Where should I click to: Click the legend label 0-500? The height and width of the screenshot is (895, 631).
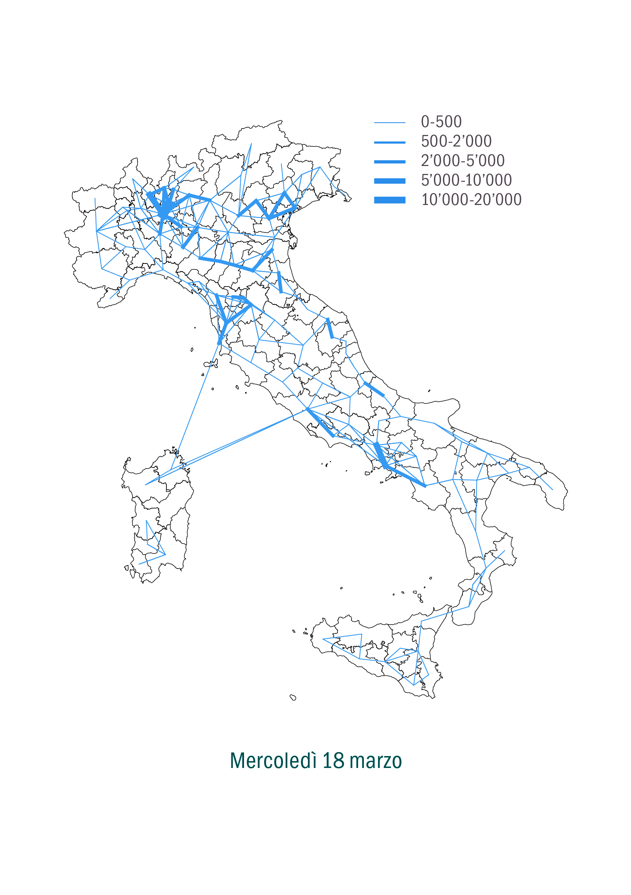click(441, 122)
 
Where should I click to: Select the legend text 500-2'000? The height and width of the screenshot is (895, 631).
click(456, 141)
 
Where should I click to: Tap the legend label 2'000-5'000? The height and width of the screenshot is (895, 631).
click(462, 161)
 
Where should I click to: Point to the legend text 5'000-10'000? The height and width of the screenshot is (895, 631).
click(466, 180)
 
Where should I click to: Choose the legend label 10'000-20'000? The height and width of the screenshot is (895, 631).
click(471, 200)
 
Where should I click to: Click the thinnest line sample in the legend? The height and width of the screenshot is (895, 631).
click(389, 123)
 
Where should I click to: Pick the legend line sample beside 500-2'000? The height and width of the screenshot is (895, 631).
click(389, 143)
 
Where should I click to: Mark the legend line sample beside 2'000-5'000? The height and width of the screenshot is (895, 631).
click(389, 162)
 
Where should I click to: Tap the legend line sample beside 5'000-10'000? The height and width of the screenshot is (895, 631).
click(389, 181)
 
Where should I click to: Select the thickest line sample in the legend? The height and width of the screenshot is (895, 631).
click(389, 200)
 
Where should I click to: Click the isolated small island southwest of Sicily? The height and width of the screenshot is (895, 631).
click(293, 697)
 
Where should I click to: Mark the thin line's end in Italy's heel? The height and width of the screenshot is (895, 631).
click(552, 490)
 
